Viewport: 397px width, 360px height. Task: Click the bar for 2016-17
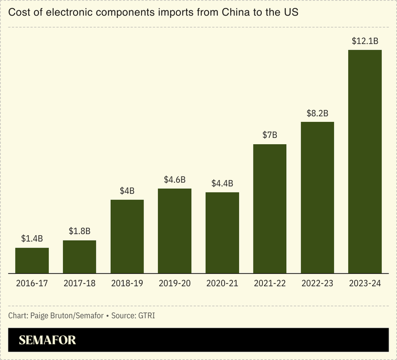coord(32,261)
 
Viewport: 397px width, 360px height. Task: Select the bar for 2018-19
coord(127,237)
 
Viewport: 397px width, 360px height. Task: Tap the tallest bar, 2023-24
coord(365,162)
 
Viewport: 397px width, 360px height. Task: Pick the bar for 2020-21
coord(222,233)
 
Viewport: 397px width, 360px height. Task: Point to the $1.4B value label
coord(32,238)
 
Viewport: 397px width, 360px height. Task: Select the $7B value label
coord(270,135)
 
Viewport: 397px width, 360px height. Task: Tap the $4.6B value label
coord(174,179)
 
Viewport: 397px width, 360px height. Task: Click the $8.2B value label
coord(318,113)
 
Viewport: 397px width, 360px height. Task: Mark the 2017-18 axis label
coord(79,284)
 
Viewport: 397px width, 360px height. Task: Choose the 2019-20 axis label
coord(174,284)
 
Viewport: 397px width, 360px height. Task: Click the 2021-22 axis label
coord(270,284)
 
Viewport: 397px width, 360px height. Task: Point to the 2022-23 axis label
coord(318,284)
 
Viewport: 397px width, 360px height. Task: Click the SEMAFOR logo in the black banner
coord(48,341)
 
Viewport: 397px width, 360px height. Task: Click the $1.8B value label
coord(79,231)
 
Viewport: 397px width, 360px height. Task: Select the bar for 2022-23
coord(318,197)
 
